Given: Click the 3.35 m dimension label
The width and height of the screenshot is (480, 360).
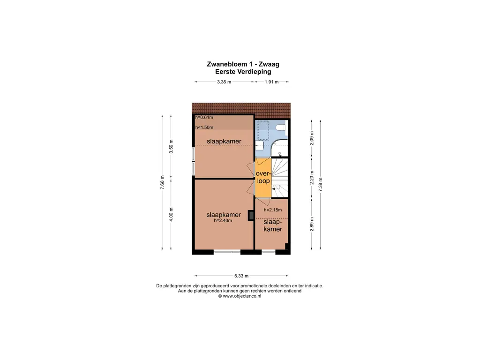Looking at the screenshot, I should point(224,82).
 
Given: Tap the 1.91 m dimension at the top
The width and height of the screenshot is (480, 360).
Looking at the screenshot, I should point(271,82).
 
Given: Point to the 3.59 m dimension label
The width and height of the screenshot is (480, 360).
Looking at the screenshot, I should point(171,147).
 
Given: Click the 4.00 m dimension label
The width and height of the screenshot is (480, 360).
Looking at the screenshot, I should point(171,214).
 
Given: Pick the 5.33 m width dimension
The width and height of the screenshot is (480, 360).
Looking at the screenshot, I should point(241,276).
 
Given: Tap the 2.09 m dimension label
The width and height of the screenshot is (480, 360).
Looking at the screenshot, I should point(312,138).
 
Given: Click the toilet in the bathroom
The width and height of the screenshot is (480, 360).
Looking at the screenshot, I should point(281,127).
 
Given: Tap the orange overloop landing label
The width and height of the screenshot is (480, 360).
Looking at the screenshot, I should point(263,177).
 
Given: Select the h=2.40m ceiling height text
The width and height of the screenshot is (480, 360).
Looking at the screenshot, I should point(224,221).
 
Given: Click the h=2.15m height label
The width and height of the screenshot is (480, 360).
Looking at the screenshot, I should point(272,210).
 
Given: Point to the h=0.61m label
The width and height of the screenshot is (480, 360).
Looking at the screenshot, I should point(204,118).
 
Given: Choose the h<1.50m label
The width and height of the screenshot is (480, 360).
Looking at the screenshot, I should point(204,127).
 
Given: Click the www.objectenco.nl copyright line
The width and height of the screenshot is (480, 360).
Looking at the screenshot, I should point(240,296).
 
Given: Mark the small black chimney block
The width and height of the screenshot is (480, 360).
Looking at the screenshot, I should point(251,215).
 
